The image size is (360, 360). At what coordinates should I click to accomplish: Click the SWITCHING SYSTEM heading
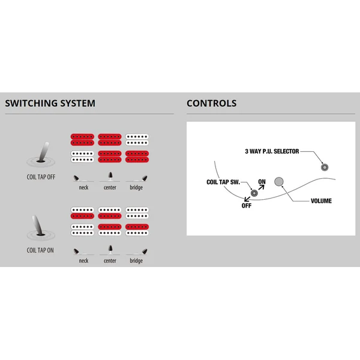coord(50,103)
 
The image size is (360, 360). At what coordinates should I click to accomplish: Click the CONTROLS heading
coord(211,103)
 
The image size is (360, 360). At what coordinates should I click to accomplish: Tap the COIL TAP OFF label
coord(41,177)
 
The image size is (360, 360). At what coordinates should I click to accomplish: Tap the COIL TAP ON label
coord(40,250)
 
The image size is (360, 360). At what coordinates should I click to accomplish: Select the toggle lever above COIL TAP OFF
coord(43,152)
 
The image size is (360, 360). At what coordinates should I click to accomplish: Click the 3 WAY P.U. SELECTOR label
coord(272,152)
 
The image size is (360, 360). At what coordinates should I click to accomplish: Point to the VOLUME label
coord(321,201)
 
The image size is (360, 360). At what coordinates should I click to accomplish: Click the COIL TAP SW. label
coord(223,182)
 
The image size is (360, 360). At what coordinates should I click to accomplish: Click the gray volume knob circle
coord(279,182)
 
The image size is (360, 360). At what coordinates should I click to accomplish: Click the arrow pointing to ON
coord(261,188)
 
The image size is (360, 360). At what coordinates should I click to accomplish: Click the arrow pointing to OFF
coord(247,199)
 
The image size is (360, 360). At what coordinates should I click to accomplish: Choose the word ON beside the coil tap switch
coord(262,182)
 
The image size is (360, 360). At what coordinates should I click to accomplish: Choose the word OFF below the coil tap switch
coord(247,206)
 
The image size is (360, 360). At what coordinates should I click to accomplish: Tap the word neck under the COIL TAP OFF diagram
coord(83,188)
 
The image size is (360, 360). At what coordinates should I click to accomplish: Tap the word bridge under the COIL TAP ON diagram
coord(136,261)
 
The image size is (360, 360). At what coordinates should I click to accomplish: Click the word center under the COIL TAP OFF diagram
coord(110,188)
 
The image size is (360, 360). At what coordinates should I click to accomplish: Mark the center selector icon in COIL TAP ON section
coord(110,250)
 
